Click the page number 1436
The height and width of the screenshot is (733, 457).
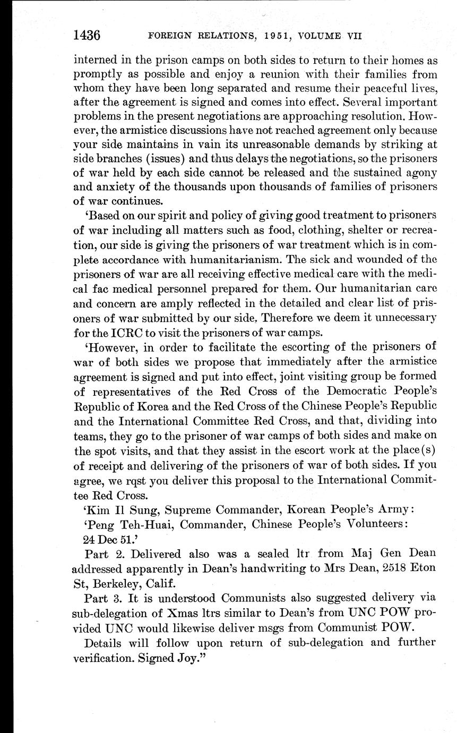point(88,36)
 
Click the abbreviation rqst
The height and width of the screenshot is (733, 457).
point(155,480)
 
